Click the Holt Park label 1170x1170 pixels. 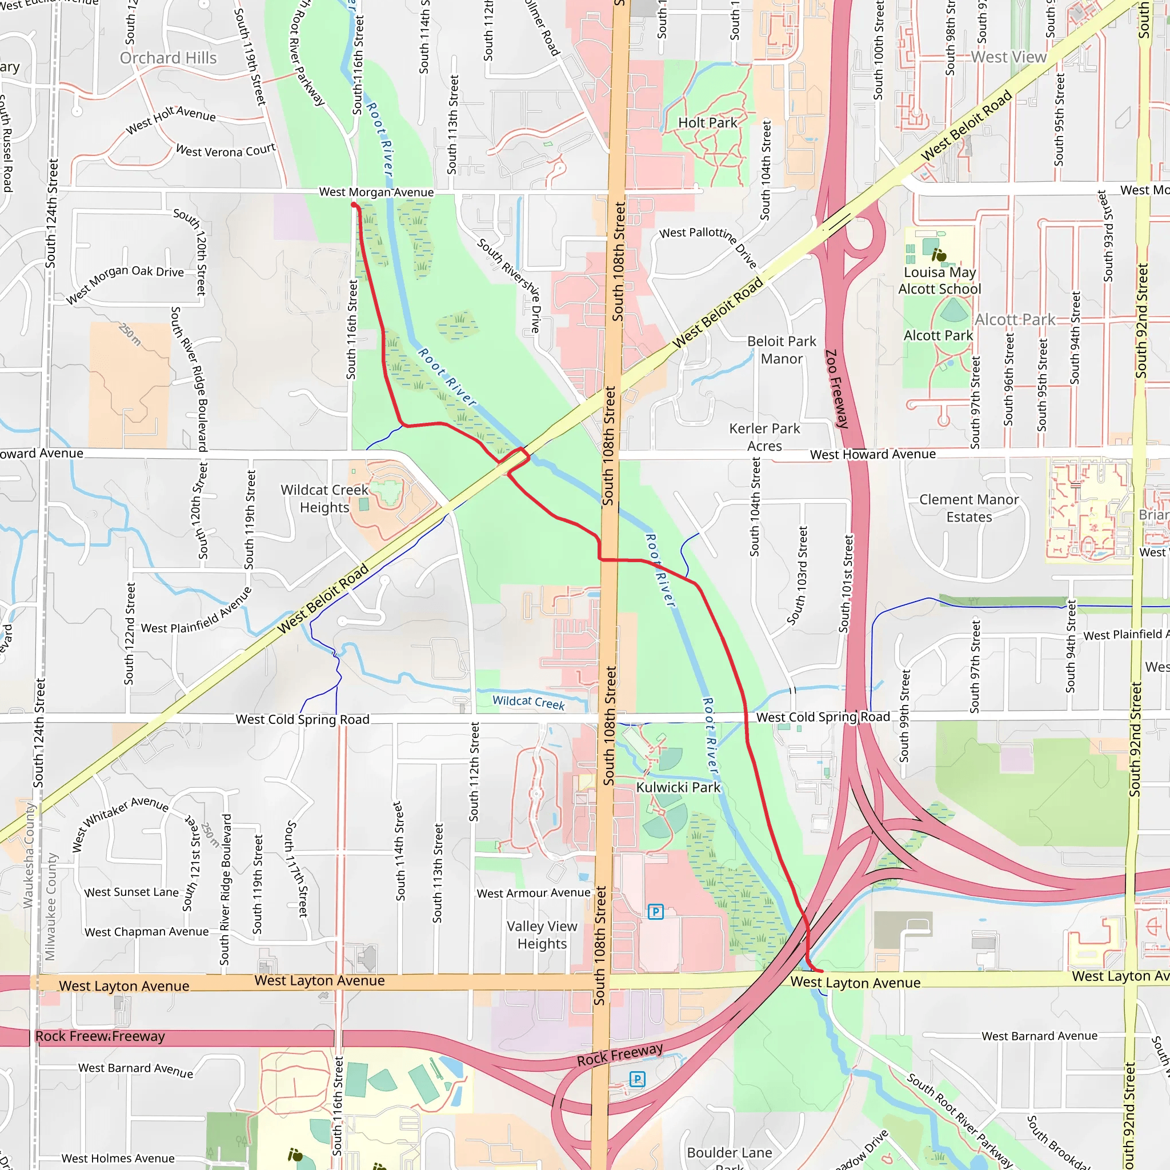(x=707, y=123)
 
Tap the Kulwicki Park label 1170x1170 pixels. (x=678, y=787)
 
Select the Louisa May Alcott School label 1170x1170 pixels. (x=939, y=281)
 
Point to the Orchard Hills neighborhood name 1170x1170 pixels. (x=168, y=58)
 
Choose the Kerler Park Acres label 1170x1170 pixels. (x=764, y=437)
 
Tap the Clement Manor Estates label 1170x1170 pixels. (x=969, y=508)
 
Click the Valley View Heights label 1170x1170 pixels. (x=542, y=935)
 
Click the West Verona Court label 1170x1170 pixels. (x=225, y=150)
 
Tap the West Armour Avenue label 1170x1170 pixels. (x=533, y=893)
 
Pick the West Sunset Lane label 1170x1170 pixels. (x=131, y=892)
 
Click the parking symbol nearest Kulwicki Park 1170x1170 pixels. (x=655, y=911)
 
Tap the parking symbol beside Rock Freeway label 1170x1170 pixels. (x=637, y=1079)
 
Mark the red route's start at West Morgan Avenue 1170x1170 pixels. (x=354, y=205)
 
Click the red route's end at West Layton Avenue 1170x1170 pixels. (x=820, y=971)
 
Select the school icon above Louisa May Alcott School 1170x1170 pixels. (x=939, y=255)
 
